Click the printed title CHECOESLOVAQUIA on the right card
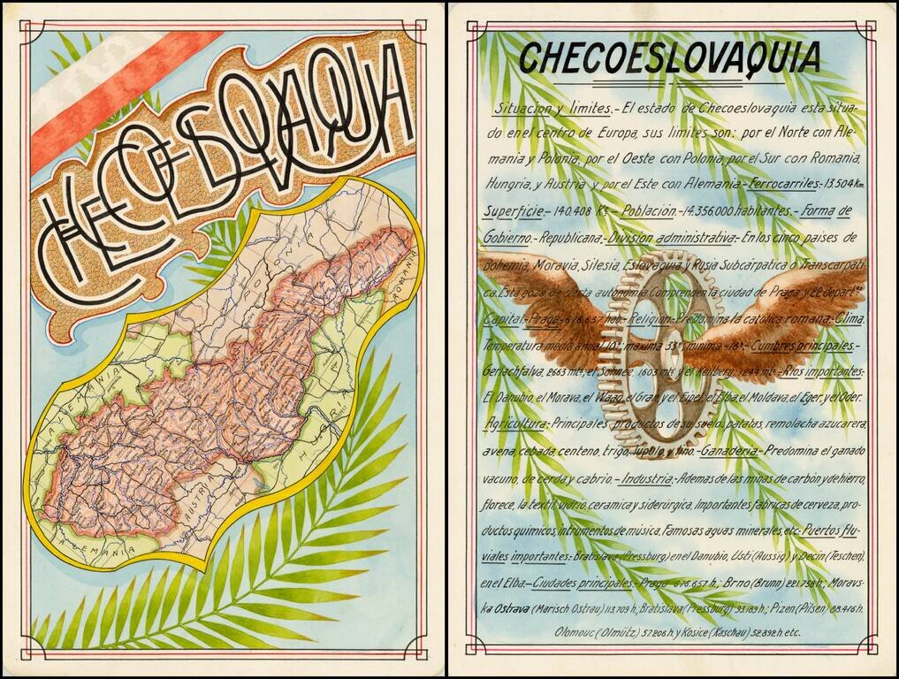click(x=669, y=57)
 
